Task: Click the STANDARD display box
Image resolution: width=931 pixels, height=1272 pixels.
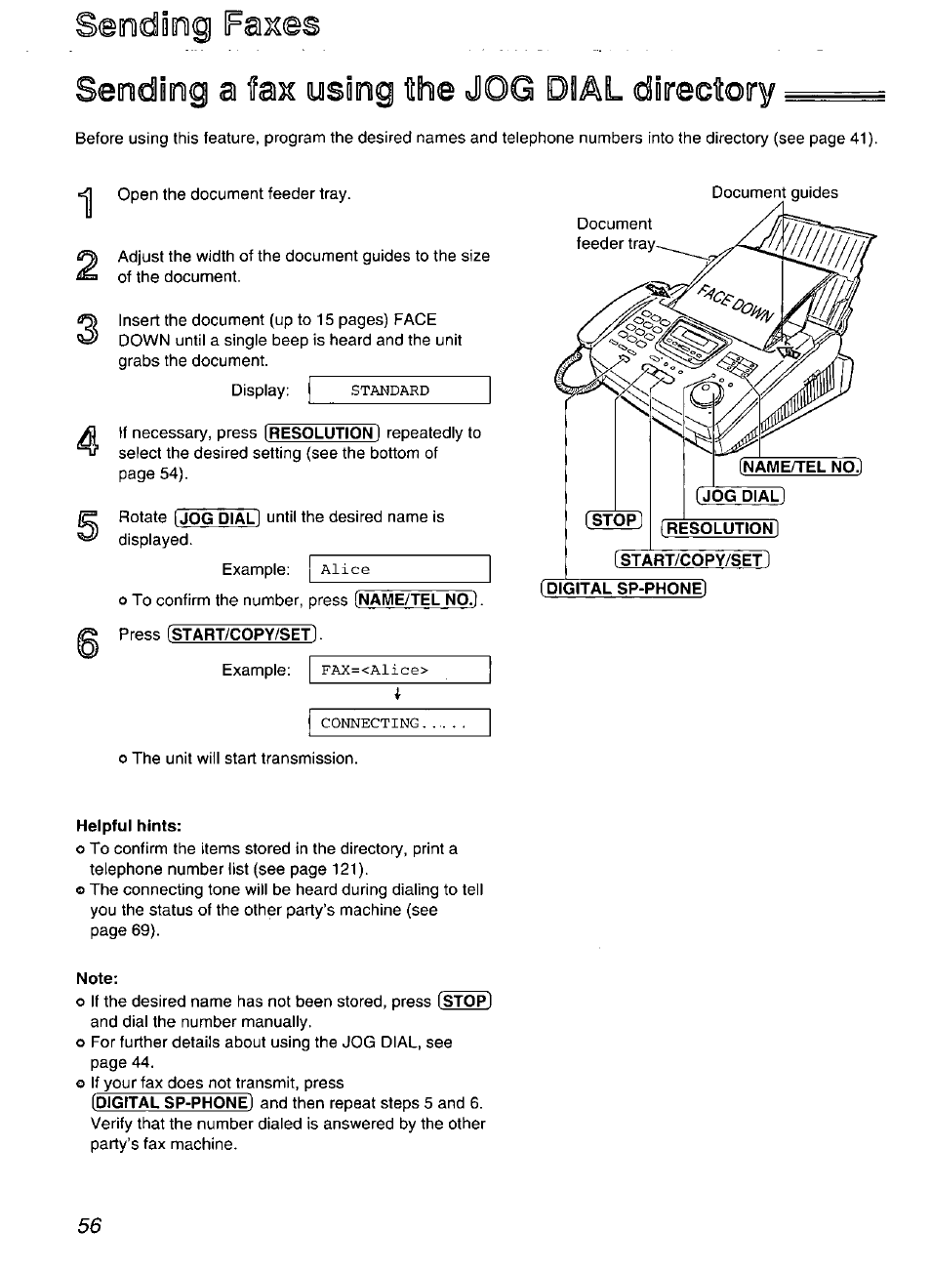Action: [x=399, y=390]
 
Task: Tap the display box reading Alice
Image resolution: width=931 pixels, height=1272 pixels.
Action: [x=399, y=569]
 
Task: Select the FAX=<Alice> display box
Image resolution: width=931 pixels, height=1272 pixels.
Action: [x=399, y=670]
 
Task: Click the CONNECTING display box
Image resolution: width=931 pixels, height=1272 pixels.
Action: [x=399, y=723]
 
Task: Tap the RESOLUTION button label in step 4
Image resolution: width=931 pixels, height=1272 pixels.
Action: [x=322, y=433]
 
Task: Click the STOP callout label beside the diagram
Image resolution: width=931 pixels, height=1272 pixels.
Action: [x=614, y=519]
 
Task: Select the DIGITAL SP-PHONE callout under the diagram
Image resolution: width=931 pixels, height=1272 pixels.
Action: [x=623, y=588]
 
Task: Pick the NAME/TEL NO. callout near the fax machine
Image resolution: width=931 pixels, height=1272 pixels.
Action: [x=801, y=467]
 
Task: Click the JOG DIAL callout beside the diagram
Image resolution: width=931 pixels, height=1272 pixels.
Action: [x=741, y=495]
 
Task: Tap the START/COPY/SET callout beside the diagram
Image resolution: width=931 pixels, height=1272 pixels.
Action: [x=692, y=559]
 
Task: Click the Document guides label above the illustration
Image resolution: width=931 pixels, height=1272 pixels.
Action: [x=774, y=192]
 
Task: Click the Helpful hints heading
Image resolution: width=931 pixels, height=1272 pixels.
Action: [x=129, y=825]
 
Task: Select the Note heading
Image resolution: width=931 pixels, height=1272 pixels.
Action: [x=97, y=978]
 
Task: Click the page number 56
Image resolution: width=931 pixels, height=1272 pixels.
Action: [x=89, y=1225]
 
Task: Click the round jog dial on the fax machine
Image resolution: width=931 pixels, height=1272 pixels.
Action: [x=706, y=394]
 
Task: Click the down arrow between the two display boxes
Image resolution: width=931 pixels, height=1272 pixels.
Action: [x=398, y=695]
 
